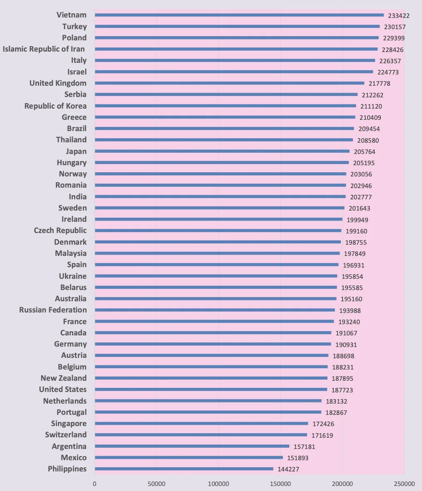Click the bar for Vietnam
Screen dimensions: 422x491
tap(239, 15)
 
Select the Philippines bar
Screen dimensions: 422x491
tap(184, 469)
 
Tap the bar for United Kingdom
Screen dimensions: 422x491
tap(230, 83)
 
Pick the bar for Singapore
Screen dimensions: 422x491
tap(201, 423)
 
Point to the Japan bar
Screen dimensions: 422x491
tap(222, 151)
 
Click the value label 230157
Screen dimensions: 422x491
tap(395, 27)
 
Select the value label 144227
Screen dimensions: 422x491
tap(288, 469)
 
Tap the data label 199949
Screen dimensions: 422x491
tap(357, 220)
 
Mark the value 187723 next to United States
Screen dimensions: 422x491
tap(342, 390)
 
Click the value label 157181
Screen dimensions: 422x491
tap(304, 447)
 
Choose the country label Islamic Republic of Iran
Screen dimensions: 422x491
tap(44, 49)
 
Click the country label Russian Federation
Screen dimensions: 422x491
tap(53, 310)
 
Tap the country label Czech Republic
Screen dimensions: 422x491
tap(60, 231)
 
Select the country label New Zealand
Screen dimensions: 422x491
tap(64, 378)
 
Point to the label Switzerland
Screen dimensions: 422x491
tap(66, 435)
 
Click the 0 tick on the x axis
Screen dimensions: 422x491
tap(94, 484)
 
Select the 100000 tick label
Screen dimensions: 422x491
tap(218, 484)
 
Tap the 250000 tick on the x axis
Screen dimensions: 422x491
tap(404, 484)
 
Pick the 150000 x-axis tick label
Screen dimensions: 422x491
tap(281, 484)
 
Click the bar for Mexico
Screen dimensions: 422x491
tap(189, 457)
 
